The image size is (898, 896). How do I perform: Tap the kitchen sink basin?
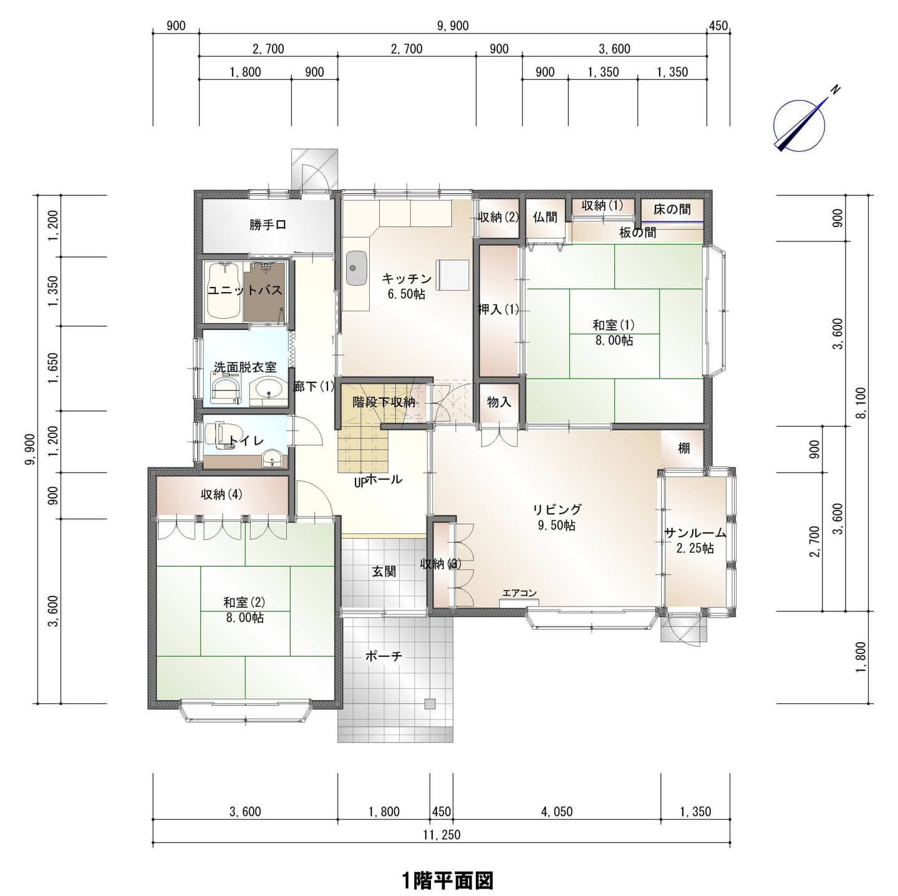(x=357, y=268)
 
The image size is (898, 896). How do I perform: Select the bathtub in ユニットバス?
(x=223, y=291)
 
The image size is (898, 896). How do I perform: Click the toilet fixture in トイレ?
(x=218, y=435)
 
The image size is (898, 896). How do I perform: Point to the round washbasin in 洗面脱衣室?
(x=268, y=389)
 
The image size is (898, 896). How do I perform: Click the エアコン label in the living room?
(x=519, y=593)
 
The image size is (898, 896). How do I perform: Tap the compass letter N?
(x=836, y=90)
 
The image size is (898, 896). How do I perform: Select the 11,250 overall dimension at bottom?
(x=442, y=834)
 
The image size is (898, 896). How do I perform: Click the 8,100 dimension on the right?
(x=860, y=402)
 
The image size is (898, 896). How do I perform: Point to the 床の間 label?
(x=672, y=209)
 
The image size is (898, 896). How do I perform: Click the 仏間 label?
(x=545, y=217)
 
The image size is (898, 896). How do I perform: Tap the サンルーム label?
(x=695, y=532)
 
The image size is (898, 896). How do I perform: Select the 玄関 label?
(x=384, y=572)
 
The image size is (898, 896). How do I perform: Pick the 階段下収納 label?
(x=384, y=402)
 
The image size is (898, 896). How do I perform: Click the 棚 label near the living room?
(x=683, y=448)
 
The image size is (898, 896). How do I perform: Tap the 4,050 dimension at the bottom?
(x=557, y=812)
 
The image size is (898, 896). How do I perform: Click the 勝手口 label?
(x=268, y=225)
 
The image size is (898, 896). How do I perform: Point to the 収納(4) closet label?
(x=221, y=494)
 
